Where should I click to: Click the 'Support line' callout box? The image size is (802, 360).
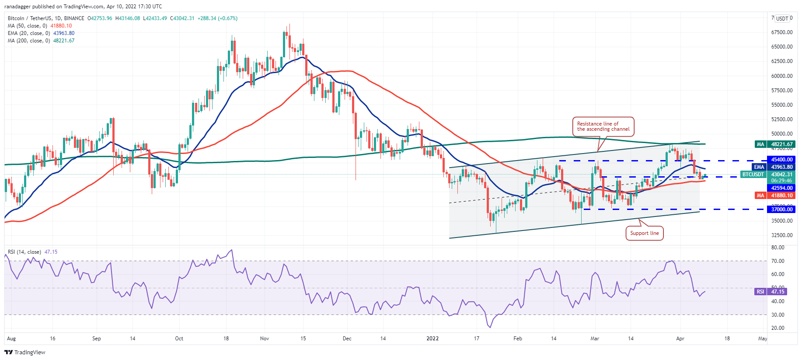click(645, 233)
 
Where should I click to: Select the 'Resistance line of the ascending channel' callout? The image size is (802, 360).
click(603, 126)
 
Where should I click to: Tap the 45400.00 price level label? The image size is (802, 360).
click(781, 160)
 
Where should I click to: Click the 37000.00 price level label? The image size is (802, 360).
click(781, 210)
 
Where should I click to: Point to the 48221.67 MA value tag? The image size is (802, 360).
click(781, 144)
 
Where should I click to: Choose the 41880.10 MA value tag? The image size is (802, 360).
click(781, 196)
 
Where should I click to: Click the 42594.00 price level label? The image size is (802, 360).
click(781, 188)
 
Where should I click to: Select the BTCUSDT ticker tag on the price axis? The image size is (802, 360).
click(753, 175)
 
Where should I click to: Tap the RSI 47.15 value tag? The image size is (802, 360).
click(778, 292)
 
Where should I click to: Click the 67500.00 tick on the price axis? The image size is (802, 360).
click(782, 32)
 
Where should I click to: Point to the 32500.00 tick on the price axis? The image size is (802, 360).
click(782, 235)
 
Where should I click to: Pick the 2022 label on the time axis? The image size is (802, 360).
click(432, 339)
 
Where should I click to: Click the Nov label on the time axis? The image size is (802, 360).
click(264, 339)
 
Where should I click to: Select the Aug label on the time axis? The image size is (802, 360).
click(11, 339)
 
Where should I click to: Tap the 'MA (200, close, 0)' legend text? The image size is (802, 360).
click(29, 41)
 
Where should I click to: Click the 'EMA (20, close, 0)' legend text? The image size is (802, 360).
click(29, 33)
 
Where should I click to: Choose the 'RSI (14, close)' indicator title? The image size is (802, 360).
click(24, 252)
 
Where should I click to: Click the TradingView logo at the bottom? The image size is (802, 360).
click(25, 352)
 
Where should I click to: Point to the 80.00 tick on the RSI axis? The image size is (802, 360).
click(778, 248)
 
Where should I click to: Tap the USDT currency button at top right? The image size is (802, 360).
click(782, 18)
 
